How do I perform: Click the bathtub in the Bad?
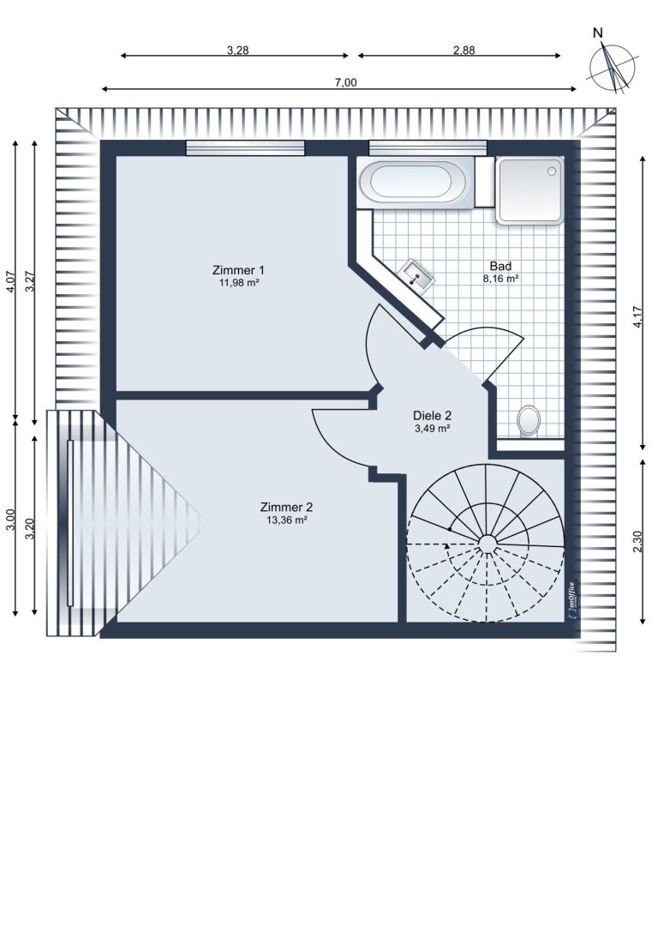tap(416, 182)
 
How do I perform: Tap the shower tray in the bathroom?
tap(529, 189)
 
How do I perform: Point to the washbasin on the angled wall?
tap(418, 275)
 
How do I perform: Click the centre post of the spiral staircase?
tap(488, 543)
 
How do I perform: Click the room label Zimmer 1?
tap(238, 269)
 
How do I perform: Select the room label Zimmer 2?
tap(286, 507)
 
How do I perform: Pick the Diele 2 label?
tap(433, 416)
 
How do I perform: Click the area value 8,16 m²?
tap(500, 278)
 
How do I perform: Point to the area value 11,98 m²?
tap(239, 283)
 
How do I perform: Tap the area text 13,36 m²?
tap(286, 520)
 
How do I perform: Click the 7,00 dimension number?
tap(345, 82)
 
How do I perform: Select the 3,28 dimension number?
tap(237, 51)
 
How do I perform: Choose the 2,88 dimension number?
tap(464, 51)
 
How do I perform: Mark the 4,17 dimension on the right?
tap(637, 316)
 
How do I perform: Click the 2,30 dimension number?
tap(637, 542)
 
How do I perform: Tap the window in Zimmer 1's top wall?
tap(245, 148)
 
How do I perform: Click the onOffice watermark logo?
tap(571, 600)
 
